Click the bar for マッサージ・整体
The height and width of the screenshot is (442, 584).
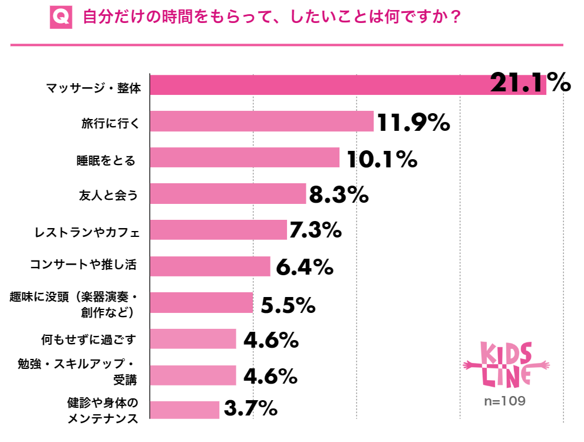coord(348,85)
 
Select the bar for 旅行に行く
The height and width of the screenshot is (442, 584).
coord(262,121)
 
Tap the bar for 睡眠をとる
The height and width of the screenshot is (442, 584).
coord(245,157)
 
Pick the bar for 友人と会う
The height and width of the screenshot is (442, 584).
coord(228,194)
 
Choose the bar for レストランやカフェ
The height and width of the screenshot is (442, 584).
coord(219,230)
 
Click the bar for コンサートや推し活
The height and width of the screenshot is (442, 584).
coord(210,266)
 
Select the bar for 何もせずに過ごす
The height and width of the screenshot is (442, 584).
coord(193,339)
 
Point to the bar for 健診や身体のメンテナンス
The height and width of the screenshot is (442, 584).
coord(185,410)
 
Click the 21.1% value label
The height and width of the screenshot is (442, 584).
coord(530,83)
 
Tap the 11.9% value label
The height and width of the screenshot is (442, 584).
coord(413,123)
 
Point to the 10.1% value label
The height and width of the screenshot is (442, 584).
coord(382,159)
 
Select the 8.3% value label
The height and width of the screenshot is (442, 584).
coord(339,195)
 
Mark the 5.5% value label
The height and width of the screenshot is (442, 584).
coord(288,305)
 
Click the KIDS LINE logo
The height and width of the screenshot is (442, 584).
coord(506,365)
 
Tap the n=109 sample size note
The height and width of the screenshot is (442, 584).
coord(504,401)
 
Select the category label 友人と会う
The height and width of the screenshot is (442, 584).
coord(108,194)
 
